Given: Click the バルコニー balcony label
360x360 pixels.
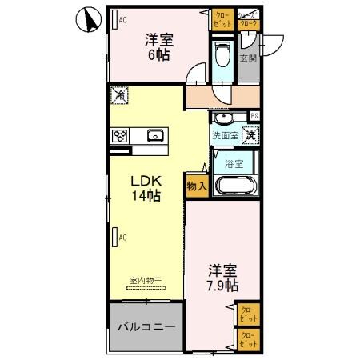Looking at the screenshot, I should pos(146,326).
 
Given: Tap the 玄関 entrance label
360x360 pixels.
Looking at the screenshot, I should pos(248,58).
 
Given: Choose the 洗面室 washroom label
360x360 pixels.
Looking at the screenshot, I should pos(224,136).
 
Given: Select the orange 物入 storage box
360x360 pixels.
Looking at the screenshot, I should pos(196,186).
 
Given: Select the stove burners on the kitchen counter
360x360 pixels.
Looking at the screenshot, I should pos(121,135).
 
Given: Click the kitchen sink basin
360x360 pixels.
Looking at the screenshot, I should pos(155,134).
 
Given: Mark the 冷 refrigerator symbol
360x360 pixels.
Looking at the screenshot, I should pos(118,96).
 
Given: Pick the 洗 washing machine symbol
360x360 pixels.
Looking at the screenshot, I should pos(250,136).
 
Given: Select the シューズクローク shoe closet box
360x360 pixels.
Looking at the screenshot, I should pos(250,22).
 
